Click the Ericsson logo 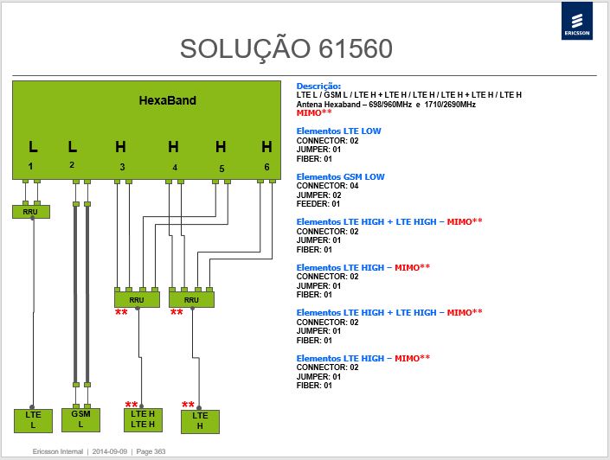point(576,21)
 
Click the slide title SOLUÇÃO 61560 point(286,49)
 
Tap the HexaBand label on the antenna point(167,100)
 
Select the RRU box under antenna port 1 point(31,212)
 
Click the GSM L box point(81,419)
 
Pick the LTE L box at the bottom point(33,421)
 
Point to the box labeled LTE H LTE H point(143,419)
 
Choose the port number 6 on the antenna point(266,167)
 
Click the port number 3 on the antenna point(122,167)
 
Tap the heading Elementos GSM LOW point(340,177)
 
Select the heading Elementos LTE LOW point(338,131)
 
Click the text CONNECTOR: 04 point(327,186)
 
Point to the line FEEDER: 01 point(318,204)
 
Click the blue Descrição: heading point(318,86)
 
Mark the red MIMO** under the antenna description point(314,112)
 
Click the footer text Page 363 point(151,451)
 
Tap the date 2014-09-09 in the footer point(109,451)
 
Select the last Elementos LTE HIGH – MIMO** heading point(363,358)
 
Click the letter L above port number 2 point(73,147)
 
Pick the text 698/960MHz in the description point(390,105)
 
